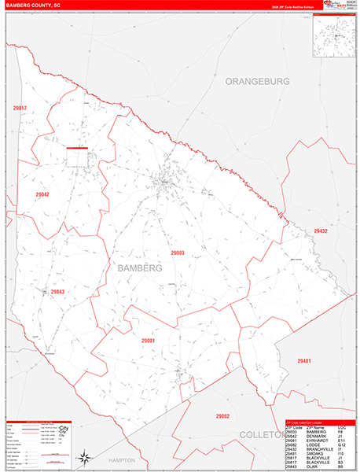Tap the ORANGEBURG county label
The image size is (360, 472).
(x=257, y=81)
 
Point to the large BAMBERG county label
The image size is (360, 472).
(x=139, y=267)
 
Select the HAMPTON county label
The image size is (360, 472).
(x=122, y=460)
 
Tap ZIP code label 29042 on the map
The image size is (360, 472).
(x=42, y=194)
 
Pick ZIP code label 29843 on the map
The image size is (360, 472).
(x=57, y=292)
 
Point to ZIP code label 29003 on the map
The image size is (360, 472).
(x=178, y=253)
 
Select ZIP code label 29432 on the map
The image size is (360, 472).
(x=321, y=230)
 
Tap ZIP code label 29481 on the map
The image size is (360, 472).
(x=304, y=360)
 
